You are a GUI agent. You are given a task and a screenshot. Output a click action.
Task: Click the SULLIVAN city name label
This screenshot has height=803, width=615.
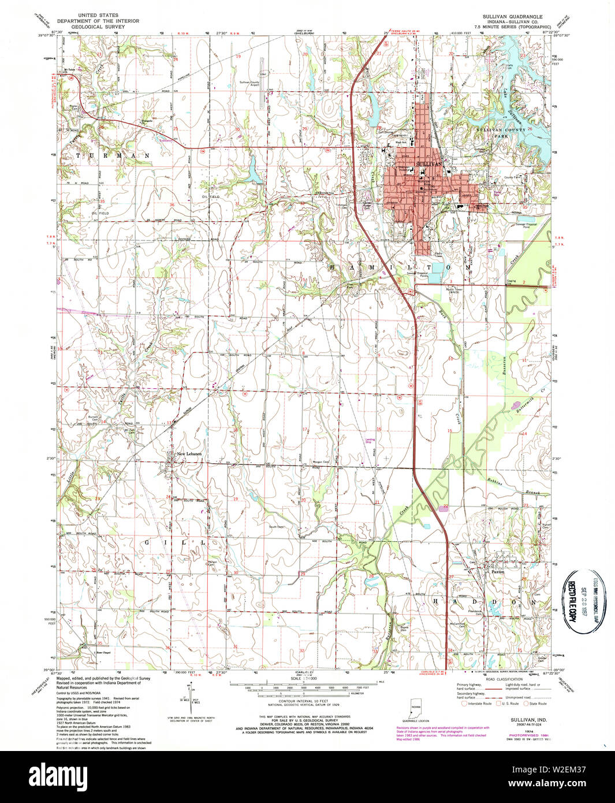[428, 165]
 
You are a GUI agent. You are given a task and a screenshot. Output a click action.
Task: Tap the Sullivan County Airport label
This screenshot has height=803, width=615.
[249, 83]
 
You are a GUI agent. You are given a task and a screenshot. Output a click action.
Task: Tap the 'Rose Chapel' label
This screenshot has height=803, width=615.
[103, 653]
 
